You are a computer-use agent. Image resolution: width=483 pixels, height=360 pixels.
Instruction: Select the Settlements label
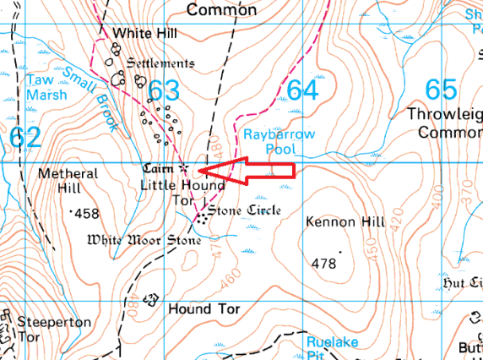[160, 63]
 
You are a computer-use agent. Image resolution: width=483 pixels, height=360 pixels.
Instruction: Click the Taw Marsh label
[46, 87]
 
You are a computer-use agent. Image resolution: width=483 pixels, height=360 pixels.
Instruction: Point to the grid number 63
[163, 91]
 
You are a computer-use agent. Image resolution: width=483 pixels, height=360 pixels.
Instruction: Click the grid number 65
[442, 90]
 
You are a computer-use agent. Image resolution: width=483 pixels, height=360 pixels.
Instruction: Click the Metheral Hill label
[68, 181]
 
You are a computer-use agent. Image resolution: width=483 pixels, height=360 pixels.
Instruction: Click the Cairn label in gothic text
[158, 168]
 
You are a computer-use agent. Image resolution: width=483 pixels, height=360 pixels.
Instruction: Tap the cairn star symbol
[184, 167]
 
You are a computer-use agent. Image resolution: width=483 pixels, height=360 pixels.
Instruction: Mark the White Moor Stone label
[144, 240]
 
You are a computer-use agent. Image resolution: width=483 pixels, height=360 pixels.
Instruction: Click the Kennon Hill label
[336, 221]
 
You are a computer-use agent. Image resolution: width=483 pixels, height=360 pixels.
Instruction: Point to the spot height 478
[324, 264]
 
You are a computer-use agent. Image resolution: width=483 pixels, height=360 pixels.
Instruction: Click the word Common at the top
[221, 10]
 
